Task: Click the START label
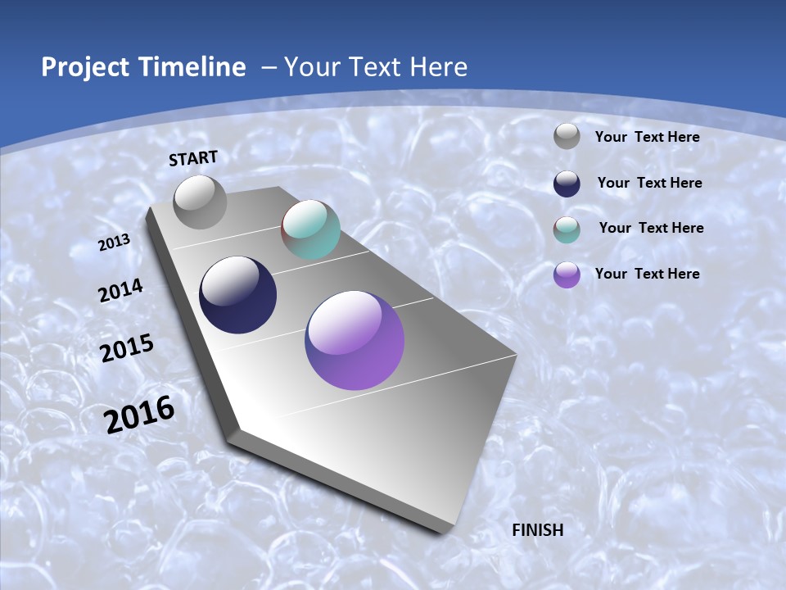tap(193, 158)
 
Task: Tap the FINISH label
tap(538, 530)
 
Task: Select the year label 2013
tap(114, 242)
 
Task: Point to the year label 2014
tap(120, 291)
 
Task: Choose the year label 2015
tap(126, 347)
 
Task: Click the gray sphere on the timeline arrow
tap(200, 202)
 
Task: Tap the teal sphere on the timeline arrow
tap(310, 229)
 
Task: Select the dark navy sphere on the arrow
tap(237, 295)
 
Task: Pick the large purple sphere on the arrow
tap(355, 340)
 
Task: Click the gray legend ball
tap(567, 137)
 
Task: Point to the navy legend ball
tap(567, 183)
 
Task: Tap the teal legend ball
tap(567, 229)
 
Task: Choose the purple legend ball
tap(567, 275)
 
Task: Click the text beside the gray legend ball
tap(647, 137)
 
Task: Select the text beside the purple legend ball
tap(647, 274)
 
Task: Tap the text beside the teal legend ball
tap(651, 228)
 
